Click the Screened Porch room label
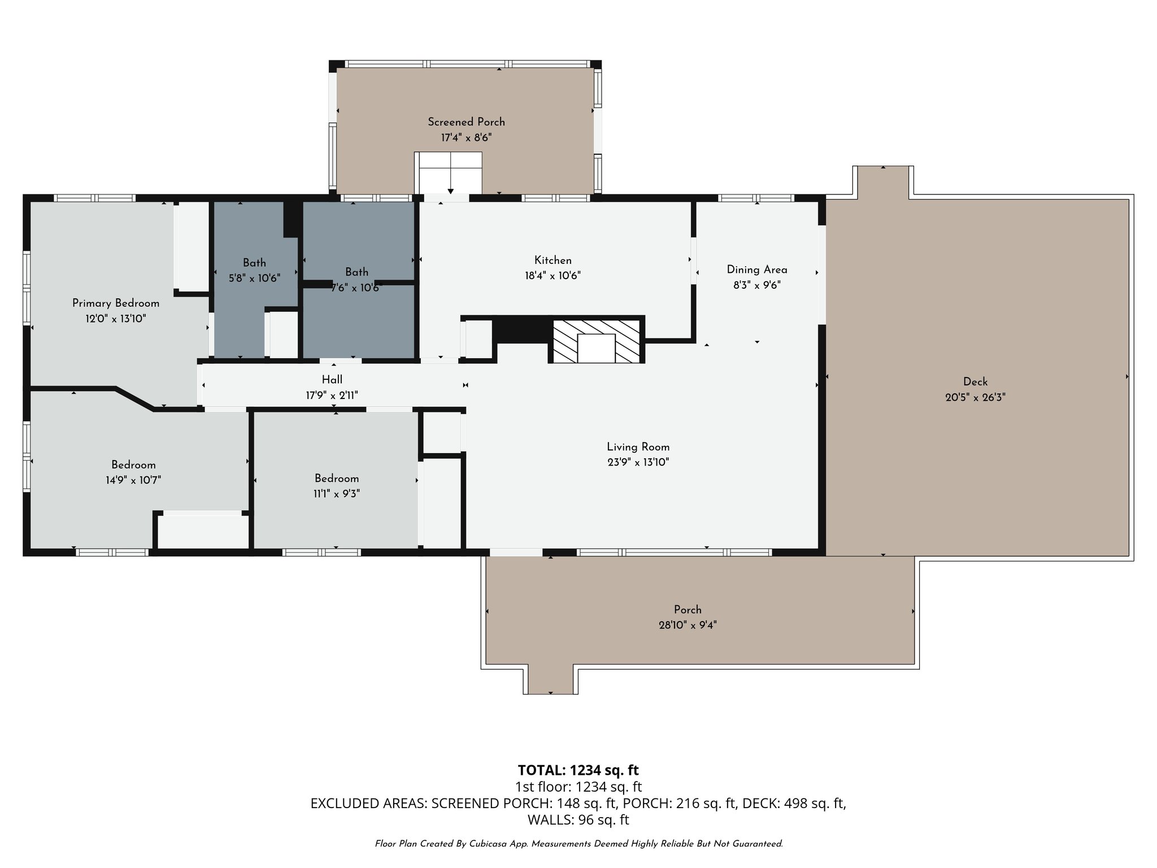pos(466,122)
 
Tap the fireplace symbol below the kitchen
pos(596,342)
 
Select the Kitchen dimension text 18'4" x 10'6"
pos(553,276)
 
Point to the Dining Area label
pos(756,270)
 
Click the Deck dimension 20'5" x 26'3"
pos(975,397)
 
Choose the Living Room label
pos(638,447)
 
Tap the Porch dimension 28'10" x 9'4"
pos(688,625)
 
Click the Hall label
pos(332,380)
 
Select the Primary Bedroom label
pos(116,303)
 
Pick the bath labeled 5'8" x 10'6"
pos(254,270)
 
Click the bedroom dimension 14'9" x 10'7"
pos(133,480)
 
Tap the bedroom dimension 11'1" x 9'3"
pos(337,493)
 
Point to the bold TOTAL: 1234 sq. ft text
pos(578,770)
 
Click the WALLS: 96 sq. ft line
pos(578,819)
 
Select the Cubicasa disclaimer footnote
pos(578,844)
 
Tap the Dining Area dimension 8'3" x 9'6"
pos(756,285)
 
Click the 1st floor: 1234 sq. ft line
pos(578,787)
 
